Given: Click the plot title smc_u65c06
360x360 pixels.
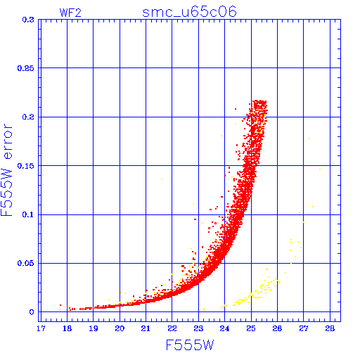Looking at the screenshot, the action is click(189, 12).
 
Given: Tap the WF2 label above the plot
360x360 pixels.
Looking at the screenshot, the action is click(70, 13).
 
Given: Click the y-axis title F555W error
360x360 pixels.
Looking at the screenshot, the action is click(6, 170).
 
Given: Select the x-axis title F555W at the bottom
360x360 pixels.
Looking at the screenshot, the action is click(190, 345).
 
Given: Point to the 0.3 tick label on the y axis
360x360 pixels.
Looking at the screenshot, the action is click(28, 20).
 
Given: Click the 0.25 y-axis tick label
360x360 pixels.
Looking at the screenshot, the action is click(26, 68).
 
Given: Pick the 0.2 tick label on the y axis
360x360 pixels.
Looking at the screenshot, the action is click(28, 117).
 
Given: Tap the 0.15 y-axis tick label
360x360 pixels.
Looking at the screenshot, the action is click(26, 166).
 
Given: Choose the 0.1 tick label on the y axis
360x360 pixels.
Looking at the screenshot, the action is click(28, 214).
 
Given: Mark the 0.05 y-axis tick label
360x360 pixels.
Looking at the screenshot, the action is click(26, 264).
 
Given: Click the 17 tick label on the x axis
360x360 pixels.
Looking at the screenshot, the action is click(41, 328).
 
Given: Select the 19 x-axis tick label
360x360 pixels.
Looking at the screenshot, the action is click(94, 328).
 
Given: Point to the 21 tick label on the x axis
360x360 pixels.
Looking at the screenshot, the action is click(146, 328).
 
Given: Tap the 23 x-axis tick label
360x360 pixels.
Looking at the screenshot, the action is click(198, 328).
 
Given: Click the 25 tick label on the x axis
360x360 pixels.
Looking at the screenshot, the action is click(251, 328).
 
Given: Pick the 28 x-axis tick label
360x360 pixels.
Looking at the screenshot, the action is click(330, 328).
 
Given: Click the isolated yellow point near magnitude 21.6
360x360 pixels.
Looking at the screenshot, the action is click(162, 179).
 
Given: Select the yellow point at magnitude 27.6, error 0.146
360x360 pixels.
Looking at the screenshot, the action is click(320, 169).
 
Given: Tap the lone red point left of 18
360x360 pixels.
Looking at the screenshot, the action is click(60, 305).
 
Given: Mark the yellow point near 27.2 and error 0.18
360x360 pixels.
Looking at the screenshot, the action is click(309, 139).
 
